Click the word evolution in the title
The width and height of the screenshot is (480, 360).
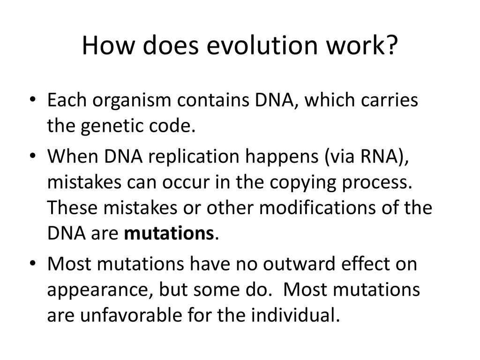click(x=262, y=45)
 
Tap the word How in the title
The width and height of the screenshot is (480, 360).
click(x=108, y=45)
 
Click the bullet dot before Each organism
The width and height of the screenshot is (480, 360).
click(x=33, y=99)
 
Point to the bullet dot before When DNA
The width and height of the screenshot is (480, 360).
click(x=33, y=156)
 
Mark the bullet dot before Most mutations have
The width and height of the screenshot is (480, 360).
click(x=33, y=263)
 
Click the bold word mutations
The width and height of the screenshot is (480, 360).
click(x=169, y=233)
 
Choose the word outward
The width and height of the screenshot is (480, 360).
click(x=299, y=264)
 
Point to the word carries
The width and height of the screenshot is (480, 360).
click(x=390, y=100)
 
